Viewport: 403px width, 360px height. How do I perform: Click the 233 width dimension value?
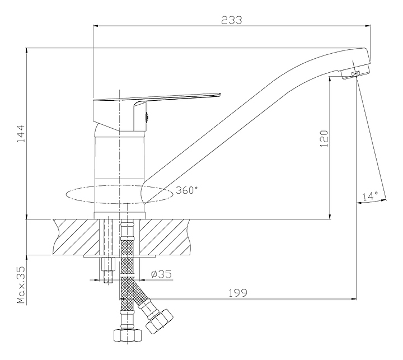click(231, 20)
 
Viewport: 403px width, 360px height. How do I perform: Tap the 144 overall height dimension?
click(20, 134)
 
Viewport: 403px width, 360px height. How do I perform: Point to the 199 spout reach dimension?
click(237, 292)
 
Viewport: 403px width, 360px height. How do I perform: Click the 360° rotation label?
click(186, 190)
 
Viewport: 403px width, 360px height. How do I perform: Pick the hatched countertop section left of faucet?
click(76, 237)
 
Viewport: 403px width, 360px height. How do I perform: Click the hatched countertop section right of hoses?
click(166, 237)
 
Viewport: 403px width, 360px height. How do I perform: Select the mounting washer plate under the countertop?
click(120, 257)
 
